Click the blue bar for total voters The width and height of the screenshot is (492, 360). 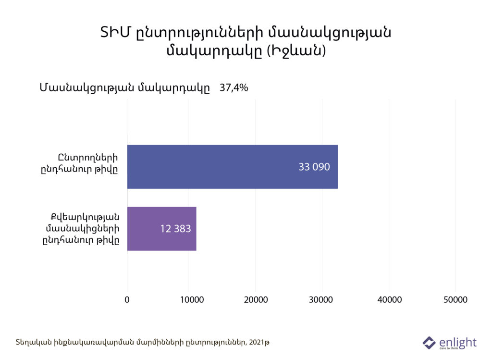coord(233,167)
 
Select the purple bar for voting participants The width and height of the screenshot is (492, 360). coord(161,229)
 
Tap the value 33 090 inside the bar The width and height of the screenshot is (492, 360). coord(314,167)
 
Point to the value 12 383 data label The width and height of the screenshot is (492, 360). coord(175,229)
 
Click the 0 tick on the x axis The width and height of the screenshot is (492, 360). coord(127,299)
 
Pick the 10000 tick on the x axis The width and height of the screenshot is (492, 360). coord(193,299)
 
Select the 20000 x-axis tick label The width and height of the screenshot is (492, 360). coord(258,299)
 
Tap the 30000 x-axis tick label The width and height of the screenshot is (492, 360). coord(324,299)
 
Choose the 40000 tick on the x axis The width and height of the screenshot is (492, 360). coord(390,299)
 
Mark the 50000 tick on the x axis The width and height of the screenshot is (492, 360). coord(455,299)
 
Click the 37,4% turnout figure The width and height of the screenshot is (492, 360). coord(234,88)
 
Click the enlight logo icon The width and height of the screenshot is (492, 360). coord(429,343)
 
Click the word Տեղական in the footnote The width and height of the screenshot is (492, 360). coord(30,342)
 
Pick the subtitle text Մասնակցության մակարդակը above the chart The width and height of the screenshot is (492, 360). coord(124,88)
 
